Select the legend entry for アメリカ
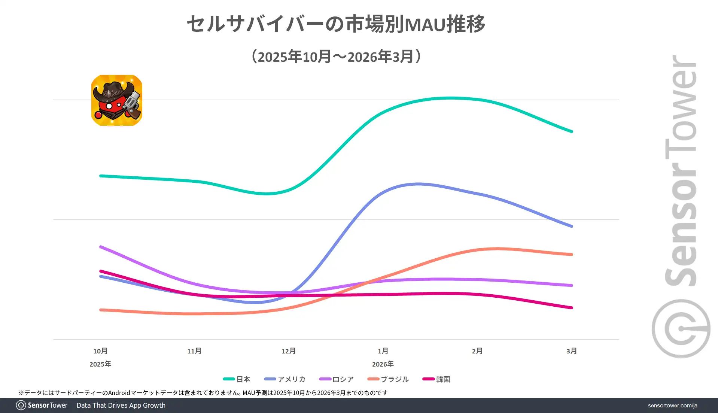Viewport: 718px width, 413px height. tap(285, 379)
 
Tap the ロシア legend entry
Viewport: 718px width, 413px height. tap(337, 379)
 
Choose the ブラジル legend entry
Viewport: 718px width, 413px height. tap(388, 379)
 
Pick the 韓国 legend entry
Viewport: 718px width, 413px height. tap(436, 379)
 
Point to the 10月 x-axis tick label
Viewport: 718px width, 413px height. tap(100, 351)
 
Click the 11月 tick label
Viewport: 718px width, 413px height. tap(194, 351)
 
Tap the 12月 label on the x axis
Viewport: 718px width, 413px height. tap(289, 351)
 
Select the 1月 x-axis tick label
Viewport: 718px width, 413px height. tap(383, 351)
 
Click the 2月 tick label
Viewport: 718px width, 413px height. tap(477, 351)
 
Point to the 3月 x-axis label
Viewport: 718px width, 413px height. tap(571, 351)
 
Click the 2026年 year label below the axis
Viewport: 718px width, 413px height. tap(383, 364)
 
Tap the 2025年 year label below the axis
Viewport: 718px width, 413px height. tap(100, 364)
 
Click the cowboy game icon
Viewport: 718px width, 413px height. tap(117, 100)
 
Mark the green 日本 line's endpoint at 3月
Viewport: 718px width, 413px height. tap(571, 131)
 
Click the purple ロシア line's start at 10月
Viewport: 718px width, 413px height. tap(101, 247)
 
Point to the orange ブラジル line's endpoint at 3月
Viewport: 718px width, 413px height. tap(571, 254)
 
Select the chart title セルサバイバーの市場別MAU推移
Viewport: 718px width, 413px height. tap(336, 24)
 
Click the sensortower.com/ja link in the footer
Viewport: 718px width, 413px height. tap(672, 406)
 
